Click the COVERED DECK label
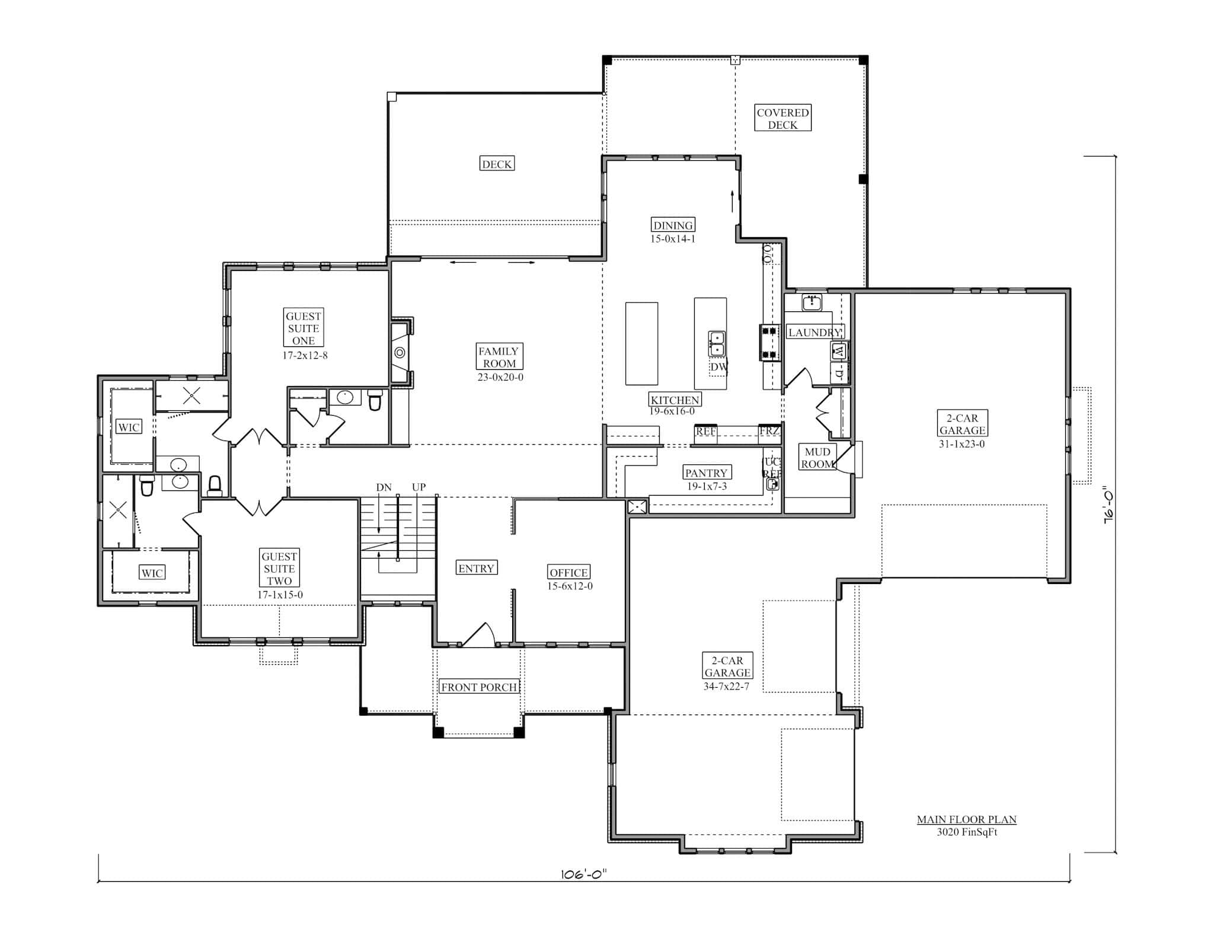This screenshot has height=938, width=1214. point(782,119)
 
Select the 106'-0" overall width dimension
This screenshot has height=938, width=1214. point(584,875)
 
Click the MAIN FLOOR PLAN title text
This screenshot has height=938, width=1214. point(966,819)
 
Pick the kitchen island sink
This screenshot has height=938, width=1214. point(717,343)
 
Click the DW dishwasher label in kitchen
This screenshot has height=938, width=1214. point(718,367)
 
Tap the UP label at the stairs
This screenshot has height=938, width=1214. point(418,487)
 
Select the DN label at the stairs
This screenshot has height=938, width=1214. point(384,487)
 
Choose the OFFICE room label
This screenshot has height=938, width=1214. point(568,572)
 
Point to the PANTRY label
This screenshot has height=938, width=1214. point(705,473)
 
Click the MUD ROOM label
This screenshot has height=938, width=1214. point(817,458)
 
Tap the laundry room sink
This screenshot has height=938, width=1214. point(812,303)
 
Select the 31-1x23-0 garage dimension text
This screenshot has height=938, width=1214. point(961,444)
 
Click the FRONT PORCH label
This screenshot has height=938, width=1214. point(479,687)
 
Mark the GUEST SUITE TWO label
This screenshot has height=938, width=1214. point(279,568)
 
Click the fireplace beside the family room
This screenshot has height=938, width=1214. point(400,353)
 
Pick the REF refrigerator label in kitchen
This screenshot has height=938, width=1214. point(705,432)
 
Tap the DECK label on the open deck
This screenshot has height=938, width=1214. point(497,164)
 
